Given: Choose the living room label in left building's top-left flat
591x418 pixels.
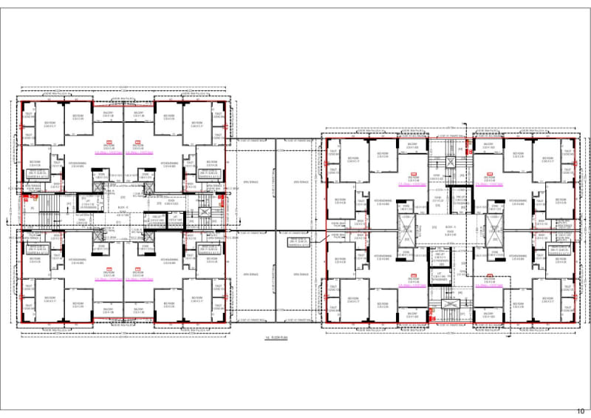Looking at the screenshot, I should click(109, 147).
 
